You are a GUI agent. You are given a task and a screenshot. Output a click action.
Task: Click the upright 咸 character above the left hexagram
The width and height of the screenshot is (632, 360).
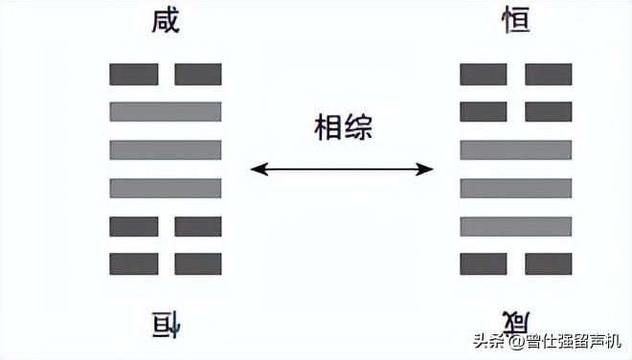click(x=166, y=22)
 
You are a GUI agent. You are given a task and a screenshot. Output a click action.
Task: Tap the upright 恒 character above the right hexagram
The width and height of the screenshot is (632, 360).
click(x=515, y=22)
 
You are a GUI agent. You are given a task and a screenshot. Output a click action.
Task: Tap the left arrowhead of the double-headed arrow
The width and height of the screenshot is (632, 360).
click(x=257, y=170)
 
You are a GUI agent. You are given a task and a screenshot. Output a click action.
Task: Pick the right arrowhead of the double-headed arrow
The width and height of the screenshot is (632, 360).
click(x=427, y=170)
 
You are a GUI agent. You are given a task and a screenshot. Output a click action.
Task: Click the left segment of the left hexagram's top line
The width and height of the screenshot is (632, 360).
click(x=134, y=74)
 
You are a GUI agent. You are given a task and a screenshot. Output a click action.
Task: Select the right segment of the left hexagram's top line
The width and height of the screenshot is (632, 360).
click(x=198, y=74)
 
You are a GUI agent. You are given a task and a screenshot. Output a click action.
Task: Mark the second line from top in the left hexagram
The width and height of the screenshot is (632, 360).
click(x=166, y=111)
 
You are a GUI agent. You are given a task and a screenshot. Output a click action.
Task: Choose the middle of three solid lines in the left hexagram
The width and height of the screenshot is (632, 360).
click(x=166, y=149)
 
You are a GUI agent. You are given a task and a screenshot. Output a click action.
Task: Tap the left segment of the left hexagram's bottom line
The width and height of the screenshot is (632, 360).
click(x=134, y=263)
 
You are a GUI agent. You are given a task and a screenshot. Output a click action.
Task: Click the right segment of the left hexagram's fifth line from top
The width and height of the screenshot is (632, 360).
click(x=198, y=226)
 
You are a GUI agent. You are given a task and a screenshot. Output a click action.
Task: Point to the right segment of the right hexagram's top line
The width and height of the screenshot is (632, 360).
click(x=549, y=74)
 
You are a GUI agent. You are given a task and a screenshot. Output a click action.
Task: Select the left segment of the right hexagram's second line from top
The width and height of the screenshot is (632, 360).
click(x=484, y=111)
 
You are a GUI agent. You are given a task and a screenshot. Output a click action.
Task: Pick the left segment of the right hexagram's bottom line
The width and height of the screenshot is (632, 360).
click(x=484, y=263)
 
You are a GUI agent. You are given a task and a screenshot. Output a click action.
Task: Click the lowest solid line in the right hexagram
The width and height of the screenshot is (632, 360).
click(x=516, y=226)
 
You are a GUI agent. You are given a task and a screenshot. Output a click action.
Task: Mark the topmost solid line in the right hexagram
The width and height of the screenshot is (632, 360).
click(x=516, y=149)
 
